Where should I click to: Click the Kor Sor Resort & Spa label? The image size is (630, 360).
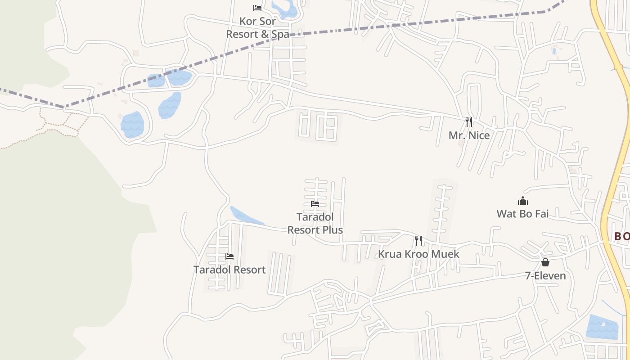pos(257,27)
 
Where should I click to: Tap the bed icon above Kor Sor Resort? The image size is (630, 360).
pos(257,8)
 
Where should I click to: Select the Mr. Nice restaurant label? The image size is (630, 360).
pos(469,135)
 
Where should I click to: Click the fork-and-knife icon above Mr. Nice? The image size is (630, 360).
pos(469,121)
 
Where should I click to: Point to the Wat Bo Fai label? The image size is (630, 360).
pos(522,214)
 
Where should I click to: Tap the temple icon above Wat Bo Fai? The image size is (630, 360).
pos(522,201)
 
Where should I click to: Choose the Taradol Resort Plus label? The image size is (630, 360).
pos(315,224)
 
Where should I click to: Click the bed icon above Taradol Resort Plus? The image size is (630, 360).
pos(315,204)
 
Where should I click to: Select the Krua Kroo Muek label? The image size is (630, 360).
pos(418,254)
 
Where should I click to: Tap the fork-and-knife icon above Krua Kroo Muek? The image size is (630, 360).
pos(418,240)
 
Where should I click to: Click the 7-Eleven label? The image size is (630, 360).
pos(545,275)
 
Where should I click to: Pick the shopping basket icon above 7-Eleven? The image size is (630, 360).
pos(545,262)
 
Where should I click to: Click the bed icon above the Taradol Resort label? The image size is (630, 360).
pos(229,256)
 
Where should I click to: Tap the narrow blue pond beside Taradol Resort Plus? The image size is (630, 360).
pos(245,216)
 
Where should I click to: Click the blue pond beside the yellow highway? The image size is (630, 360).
pos(602,327)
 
